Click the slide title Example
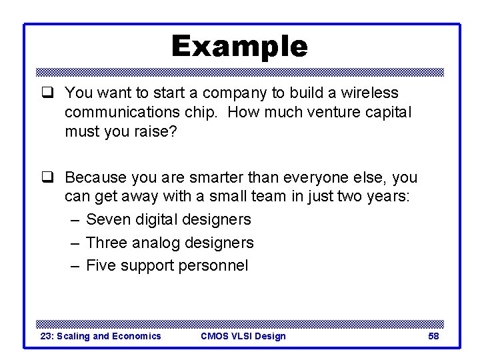(239, 47)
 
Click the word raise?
(158, 132)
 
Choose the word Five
(101, 265)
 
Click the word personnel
(213, 266)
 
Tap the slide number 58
(433, 336)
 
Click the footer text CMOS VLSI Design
(243, 336)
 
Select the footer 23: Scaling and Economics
(101, 336)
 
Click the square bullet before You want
(47, 93)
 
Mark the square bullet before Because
(47, 178)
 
